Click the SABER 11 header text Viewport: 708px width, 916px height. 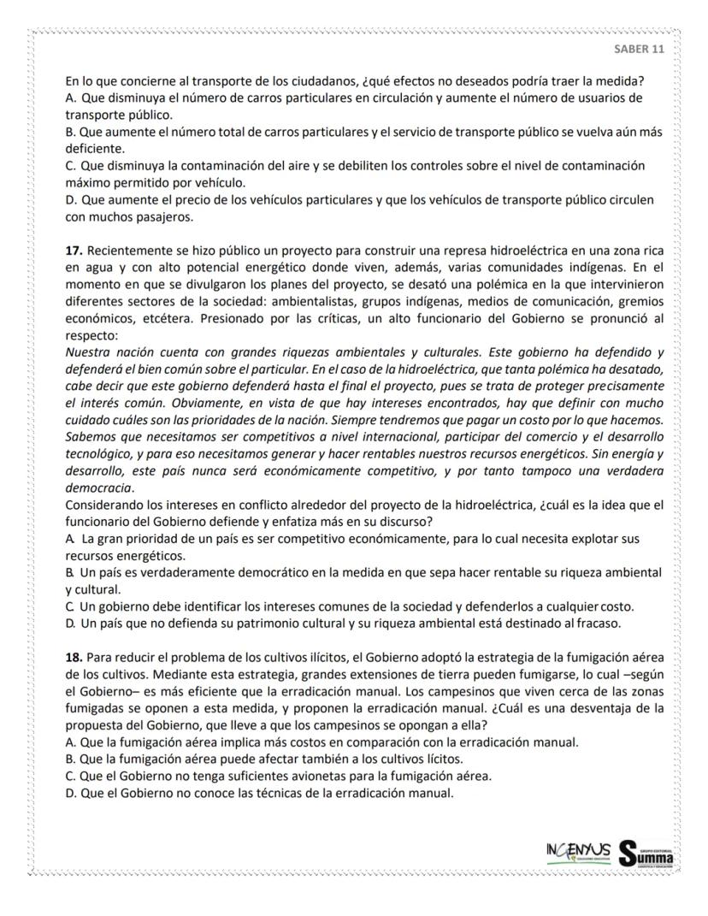point(639,49)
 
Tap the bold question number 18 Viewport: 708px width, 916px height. point(74,656)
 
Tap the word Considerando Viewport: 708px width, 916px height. point(103,505)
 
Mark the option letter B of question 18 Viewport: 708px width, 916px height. point(69,759)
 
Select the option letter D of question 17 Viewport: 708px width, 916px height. point(70,623)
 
